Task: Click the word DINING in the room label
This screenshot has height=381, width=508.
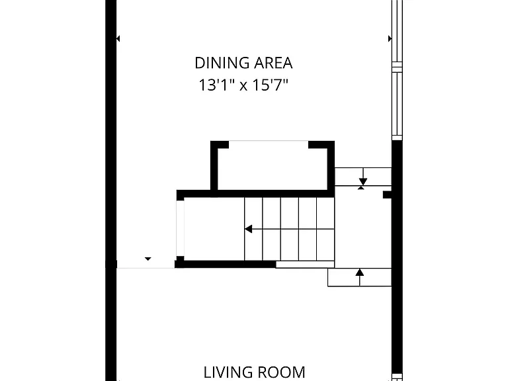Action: tap(222, 63)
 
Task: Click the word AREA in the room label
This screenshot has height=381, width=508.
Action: tap(273, 63)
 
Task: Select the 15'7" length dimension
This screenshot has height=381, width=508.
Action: tap(270, 85)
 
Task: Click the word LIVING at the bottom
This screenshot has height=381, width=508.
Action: tap(227, 372)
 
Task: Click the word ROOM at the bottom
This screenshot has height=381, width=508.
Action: tap(280, 372)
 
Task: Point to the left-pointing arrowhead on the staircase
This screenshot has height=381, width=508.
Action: tap(249, 229)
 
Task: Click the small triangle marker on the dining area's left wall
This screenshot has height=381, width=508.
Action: tap(118, 39)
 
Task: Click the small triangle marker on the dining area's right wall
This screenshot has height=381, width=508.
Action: tap(390, 39)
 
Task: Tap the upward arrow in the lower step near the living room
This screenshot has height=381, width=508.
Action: tap(359, 277)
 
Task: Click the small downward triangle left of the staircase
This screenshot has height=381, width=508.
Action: tap(148, 259)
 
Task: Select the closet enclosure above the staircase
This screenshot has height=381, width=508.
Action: tap(272, 169)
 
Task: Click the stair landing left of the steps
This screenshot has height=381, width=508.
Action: tap(214, 229)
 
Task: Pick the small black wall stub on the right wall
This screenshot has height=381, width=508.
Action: tap(388, 194)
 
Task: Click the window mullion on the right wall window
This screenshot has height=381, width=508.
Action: tap(397, 67)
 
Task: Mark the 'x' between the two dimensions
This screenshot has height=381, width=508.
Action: tap(243, 87)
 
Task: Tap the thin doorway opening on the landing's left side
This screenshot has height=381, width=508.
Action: tap(180, 228)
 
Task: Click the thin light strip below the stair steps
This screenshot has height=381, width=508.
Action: tap(305, 265)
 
